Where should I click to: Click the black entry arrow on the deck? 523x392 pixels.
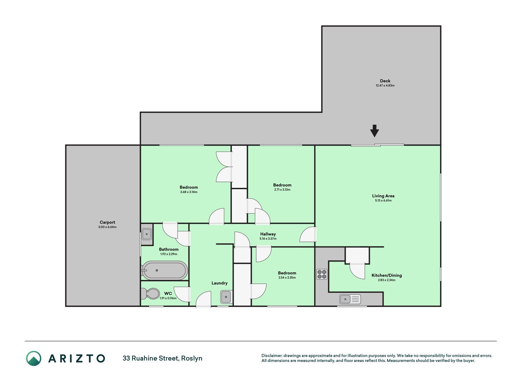coord(374,131)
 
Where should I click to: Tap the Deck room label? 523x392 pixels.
coord(385,81)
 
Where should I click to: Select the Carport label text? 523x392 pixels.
coord(107,222)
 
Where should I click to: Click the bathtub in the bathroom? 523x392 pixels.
coord(165,270)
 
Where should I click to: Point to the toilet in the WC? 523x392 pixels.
coord(150,294)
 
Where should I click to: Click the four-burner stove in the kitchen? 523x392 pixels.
coord(322,274)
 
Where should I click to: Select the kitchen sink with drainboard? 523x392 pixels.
coord(350,299)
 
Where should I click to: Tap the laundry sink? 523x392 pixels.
coord(226,297)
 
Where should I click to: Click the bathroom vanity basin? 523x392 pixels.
coord(147,234)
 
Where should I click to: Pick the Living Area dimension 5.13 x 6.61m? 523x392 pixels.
coord(383,201)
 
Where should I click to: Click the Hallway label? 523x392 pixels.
coord(268,234)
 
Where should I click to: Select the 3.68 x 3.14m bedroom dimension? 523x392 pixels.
coord(189,192)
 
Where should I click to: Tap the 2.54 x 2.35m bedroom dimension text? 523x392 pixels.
coord(287,277)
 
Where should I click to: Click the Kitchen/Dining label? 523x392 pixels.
coord(387,275)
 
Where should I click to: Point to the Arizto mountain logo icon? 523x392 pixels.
coord(34,358)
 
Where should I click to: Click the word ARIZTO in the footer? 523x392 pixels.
coord(77,358)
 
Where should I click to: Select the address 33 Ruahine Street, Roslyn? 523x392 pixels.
coord(162,358)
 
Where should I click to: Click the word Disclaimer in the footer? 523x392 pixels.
coord(271,356)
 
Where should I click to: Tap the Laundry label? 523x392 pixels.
coord(219,283)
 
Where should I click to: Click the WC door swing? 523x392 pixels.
coord(182,294)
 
